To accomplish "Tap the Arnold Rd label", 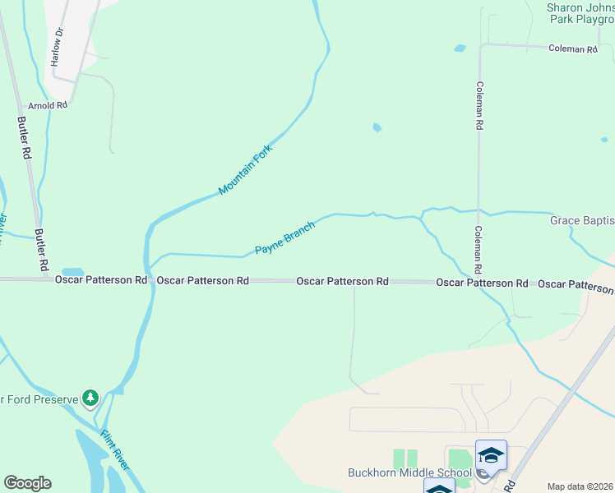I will pos(47,105).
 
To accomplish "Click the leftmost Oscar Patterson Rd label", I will pos(101,280).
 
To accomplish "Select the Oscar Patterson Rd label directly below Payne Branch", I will pos(342,281).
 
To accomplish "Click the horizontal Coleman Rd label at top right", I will pos(572,49).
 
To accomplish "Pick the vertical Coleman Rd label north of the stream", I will pos(479,106).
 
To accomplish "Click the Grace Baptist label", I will pos(582,221).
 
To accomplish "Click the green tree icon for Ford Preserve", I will pos(90,399).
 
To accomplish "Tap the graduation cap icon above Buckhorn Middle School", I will pos(491,454).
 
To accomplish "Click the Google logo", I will pos(27,483).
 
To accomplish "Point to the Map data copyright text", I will pos(580,486).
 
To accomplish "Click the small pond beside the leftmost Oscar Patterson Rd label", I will pos(72,272).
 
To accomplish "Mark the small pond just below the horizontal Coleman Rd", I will pos(460,48).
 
